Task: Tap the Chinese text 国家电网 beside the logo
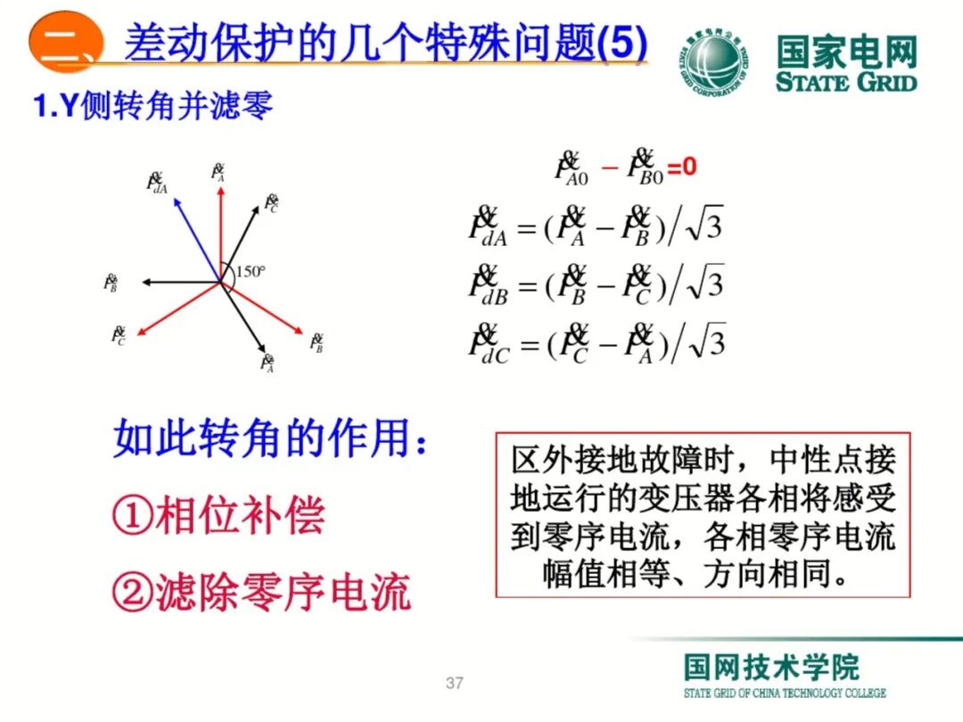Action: (845, 53)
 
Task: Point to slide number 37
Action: (455, 684)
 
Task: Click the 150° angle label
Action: (251, 271)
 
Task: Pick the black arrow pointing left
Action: (178, 283)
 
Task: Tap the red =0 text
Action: (682, 167)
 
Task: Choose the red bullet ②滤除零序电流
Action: (261, 591)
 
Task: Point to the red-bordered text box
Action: (703, 515)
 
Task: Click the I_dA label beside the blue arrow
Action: (157, 184)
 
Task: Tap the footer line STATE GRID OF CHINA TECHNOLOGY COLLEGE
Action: (785, 693)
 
